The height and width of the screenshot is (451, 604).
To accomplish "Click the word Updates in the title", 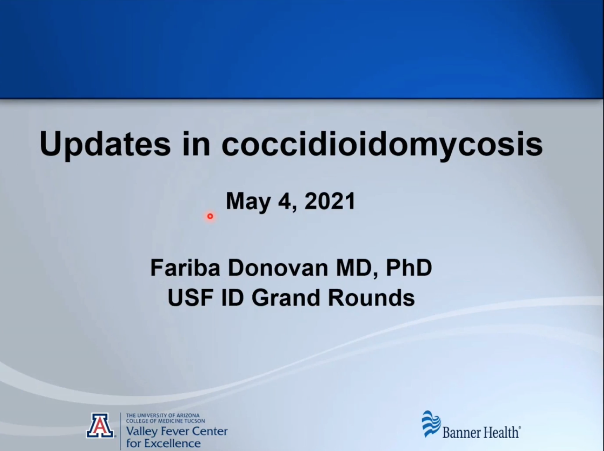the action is click(x=105, y=145).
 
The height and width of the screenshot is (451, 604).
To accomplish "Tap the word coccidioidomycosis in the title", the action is click(x=382, y=145).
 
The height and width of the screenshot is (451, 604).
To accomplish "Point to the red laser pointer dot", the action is click(x=210, y=216).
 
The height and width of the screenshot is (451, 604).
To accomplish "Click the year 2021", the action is click(x=330, y=201).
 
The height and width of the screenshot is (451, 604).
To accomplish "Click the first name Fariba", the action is click(x=185, y=268).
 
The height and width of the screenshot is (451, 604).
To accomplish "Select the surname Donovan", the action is click(x=278, y=268).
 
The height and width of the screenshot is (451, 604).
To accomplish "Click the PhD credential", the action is click(x=409, y=268).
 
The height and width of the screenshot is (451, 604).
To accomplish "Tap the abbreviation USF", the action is click(x=190, y=297).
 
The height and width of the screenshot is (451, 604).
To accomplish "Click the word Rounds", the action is click(x=371, y=297).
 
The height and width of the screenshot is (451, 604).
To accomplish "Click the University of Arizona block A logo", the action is click(x=100, y=425).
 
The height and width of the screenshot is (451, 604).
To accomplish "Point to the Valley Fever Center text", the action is click(x=177, y=431).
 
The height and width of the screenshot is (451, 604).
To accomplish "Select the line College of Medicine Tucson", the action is click(x=165, y=421).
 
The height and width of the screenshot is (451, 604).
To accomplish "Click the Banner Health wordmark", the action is click(x=482, y=432).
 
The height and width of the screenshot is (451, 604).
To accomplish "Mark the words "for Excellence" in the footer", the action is click(x=164, y=443).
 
